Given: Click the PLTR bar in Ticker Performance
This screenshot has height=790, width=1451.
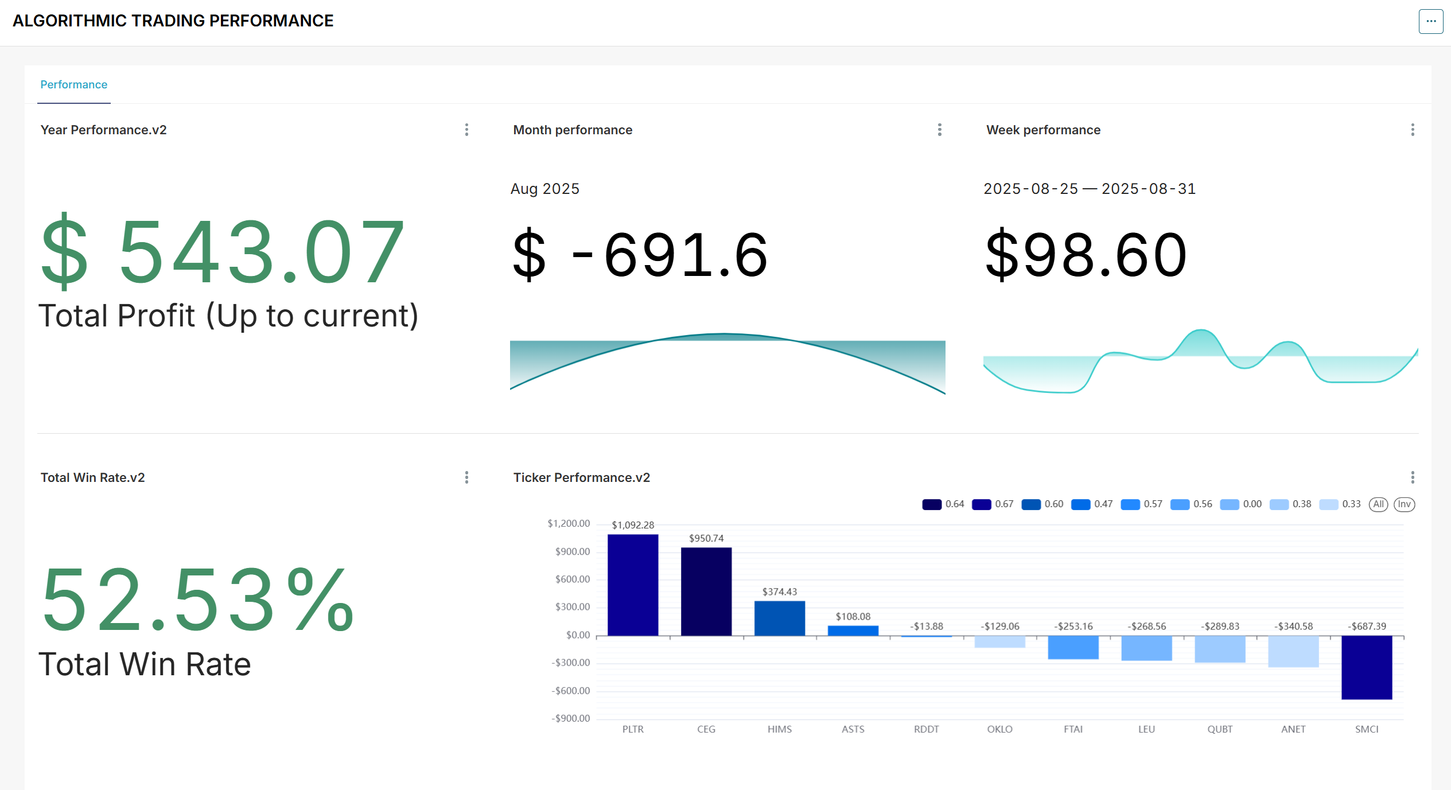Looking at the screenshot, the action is pyautogui.click(x=633, y=585).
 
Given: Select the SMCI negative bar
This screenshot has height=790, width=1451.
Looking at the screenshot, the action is pyautogui.click(x=1367, y=667).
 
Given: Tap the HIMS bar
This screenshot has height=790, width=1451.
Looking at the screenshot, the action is pyautogui.click(x=780, y=618).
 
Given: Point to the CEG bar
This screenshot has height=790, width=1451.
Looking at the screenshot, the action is pyautogui.click(x=706, y=591).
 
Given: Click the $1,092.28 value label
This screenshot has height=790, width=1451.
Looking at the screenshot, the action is pyautogui.click(x=633, y=525).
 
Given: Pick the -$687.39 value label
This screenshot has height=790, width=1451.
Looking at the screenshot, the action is pyautogui.click(x=1367, y=626).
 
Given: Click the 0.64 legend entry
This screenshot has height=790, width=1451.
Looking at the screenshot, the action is pyautogui.click(x=943, y=504).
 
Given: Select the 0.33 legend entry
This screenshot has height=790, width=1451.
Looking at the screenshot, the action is pyautogui.click(x=1340, y=504).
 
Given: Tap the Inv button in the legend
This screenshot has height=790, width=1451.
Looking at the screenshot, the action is pyautogui.click(x=1404, y=504).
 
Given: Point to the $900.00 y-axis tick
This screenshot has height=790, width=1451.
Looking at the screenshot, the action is pyautogui.click(x=572, y=551).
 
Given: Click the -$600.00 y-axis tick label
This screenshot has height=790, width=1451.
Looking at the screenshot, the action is pyautogui.click(x=570, y=690).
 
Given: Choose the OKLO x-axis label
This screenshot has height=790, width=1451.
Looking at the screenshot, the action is pyautogui.click(x=999, y=729).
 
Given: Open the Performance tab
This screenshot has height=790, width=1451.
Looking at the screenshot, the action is pyautogui.click(x=74, y=85).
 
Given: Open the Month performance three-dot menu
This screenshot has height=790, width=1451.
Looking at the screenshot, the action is pyautogui.click(x=939, y=130).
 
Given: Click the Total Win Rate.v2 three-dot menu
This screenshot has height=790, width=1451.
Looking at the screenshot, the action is pyautogui.click(x=466, y=477).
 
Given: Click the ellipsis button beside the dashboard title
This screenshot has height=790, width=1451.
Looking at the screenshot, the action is pyautogui.click(x=1431, y=21).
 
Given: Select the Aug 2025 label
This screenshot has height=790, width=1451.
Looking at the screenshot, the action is pyautogui.click(x=545, y=189).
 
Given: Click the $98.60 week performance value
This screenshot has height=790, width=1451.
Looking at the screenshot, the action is pyautogui.click(x=1086, y=255).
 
